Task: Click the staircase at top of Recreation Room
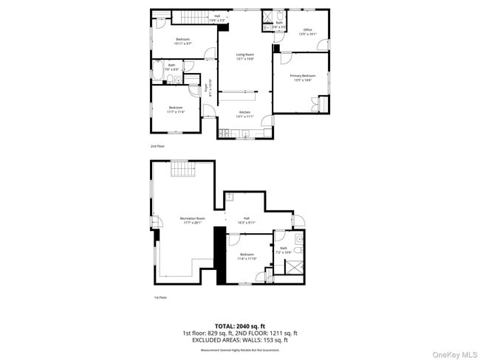pyautogui.click(x=182, y=172)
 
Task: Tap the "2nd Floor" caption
pyautogui.click(x=157, y=146)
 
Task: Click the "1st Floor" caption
pyautogui.click(x=160, y=298)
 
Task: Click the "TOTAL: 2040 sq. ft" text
pyautogui.click(x=239, y=325)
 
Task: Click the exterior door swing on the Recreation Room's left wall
pyautogui.click(x=156, y=224)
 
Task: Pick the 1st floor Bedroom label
pyautogui.click(x=245, y=257)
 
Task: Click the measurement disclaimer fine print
pyautogui.click(x=239, y=350)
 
